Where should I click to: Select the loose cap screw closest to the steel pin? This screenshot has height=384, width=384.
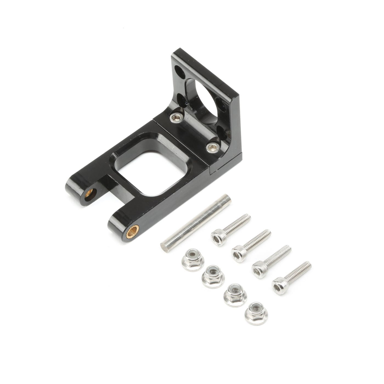pos(230,230)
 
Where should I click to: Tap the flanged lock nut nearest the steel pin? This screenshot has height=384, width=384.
pos(193,259)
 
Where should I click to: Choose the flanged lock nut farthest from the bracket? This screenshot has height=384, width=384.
pos(256,313)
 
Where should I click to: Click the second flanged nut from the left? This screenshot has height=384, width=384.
pos(213,276)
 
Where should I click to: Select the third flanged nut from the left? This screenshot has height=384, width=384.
pos(235,294)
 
